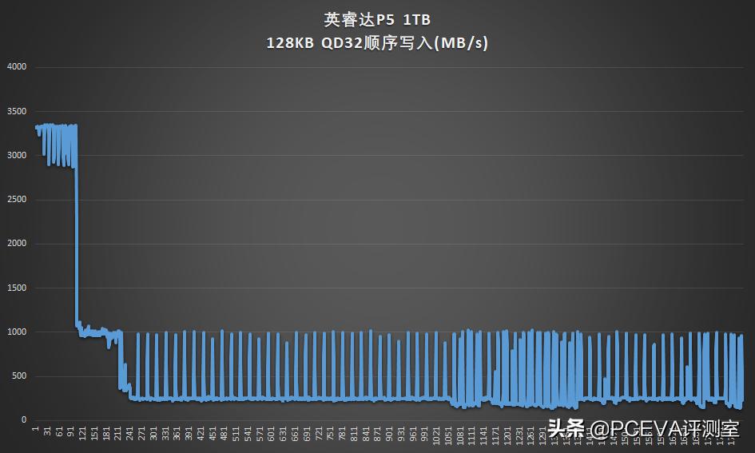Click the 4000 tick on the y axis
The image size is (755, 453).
(x=17, y=67)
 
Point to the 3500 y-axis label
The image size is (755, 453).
(x=17, y=111)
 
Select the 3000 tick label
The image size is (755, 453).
(x=17, y=155)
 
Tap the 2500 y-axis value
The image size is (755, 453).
(x=17, y=200)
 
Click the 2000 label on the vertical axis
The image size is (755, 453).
(x=17, y=244)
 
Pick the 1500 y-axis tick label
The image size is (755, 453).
(x=17, y=288)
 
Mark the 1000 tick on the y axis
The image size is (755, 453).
(x=17, y=332)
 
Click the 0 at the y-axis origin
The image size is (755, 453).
(x=24, y=420)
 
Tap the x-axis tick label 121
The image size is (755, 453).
(x=84, y=435)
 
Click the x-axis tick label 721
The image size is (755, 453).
(x=319, y=435)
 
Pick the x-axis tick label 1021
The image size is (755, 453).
(x=436, y=436)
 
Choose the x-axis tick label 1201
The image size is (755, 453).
(x=507, y=436)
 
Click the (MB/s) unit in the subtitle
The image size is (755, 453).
(x=459, y=44)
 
